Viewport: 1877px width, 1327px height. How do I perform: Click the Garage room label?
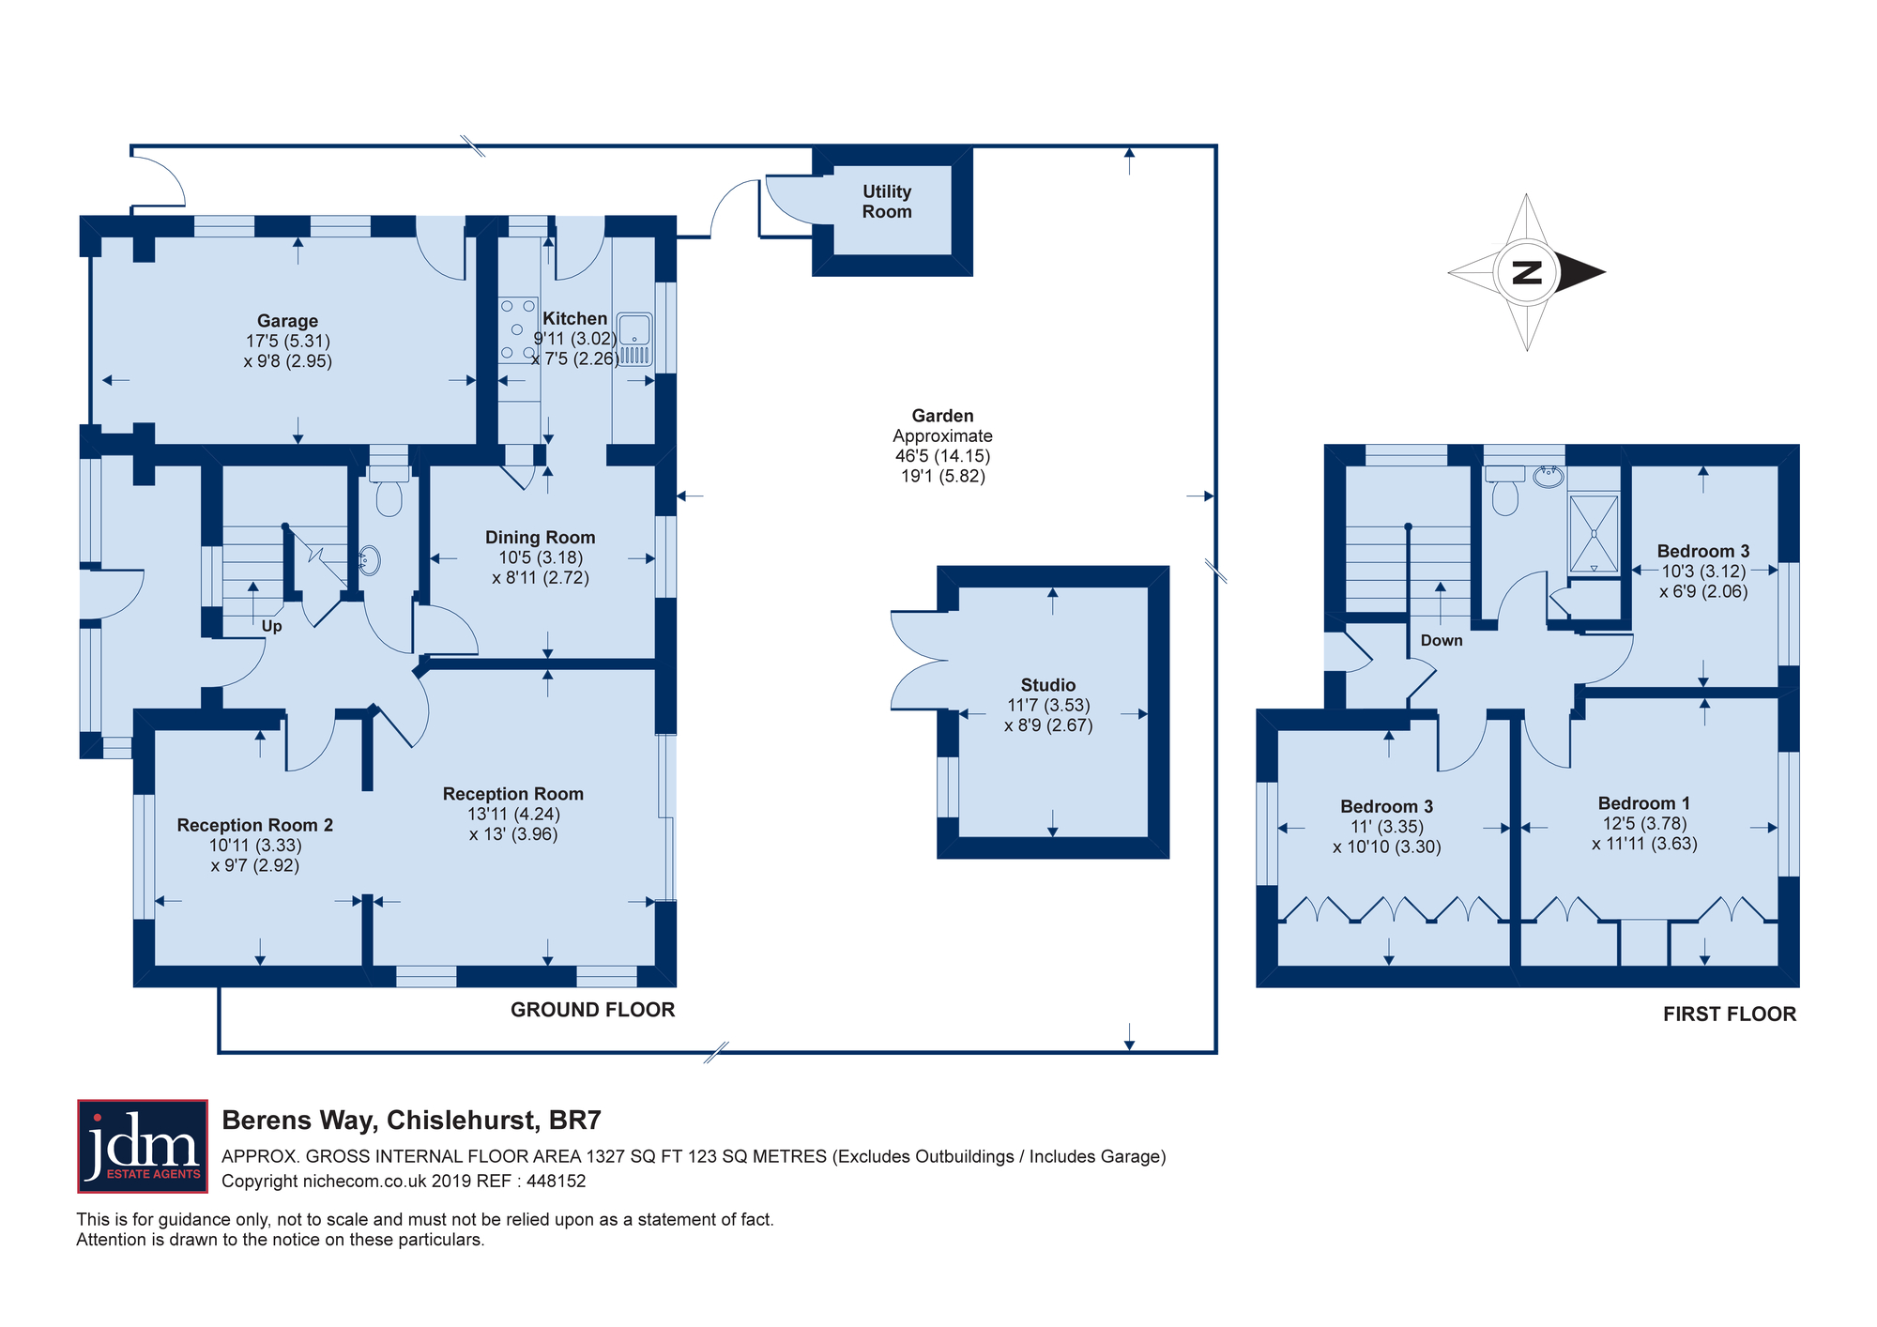(288, 321)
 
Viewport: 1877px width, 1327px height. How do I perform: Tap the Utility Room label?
(887, 202)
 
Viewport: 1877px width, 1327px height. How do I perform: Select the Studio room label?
(1048, 685)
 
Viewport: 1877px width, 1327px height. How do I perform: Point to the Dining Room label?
(540, 538)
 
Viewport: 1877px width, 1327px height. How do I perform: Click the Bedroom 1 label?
(1644, 803)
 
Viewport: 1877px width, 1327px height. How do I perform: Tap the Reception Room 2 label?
(255, 825)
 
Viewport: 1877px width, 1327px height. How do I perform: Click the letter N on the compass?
(1527, 273)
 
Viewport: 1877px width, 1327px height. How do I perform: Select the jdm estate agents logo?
(143, 1146)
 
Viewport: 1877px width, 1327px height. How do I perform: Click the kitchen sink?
(634, 339)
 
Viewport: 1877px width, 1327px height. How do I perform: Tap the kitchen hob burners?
(517, 329)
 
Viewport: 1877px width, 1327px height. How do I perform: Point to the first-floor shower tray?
(1594, 534)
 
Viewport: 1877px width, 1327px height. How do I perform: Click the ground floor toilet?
(389, 491)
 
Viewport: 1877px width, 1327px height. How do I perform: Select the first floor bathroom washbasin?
(1548, 477)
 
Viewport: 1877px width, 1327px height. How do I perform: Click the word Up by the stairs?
(272, 626)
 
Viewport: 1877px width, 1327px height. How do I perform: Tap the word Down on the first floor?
(1442, 640)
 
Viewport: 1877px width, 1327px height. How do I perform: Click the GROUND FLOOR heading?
(593, 1010)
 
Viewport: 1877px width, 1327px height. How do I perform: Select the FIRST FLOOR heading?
(1730, 1014)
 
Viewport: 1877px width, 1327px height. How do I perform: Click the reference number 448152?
(557, 1182)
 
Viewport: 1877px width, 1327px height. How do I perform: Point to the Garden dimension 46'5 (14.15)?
(943, 456)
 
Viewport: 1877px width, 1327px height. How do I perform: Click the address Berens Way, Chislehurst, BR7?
(411, 1121)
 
